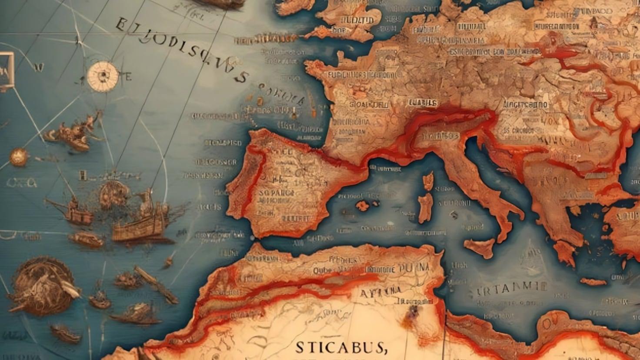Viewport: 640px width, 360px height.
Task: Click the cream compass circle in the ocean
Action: (103, 76)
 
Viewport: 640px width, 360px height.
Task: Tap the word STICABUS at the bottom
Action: (341, 347)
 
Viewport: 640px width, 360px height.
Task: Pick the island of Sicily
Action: (480, 247)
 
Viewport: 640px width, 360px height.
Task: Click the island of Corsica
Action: (428, 181)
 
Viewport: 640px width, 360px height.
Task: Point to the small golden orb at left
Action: (18, 157)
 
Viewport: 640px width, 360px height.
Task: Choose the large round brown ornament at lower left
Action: (41, 285)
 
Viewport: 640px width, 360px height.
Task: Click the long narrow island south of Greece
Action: (593, 282)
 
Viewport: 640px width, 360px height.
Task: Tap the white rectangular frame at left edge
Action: (6, 71)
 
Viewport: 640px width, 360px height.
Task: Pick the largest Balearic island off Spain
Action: (362, 205)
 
